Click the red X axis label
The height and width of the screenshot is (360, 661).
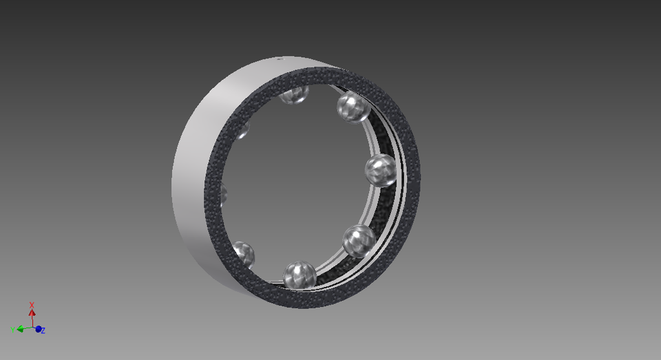point(32,305)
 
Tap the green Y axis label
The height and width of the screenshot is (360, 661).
point(12,330)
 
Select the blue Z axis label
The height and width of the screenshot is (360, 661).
point(44,331)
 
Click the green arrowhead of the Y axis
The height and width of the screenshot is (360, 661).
point(21,329)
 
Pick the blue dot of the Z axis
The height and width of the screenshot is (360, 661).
point(39,329)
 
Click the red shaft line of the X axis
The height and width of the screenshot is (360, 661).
point(32,321)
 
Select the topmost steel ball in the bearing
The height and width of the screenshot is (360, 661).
point(295,94)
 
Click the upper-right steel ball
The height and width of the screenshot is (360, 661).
point(353,107)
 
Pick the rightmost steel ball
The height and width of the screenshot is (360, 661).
point(380,169)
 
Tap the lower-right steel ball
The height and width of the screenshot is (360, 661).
point(359,240)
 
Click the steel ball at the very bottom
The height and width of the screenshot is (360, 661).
point(300,275)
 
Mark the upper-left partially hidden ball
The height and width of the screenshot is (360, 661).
point(242,131)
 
